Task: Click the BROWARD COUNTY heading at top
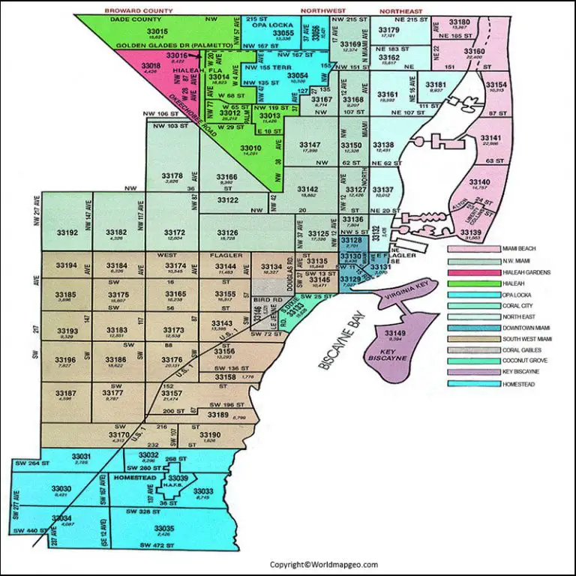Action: click(139, 12)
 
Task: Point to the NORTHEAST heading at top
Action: click(400, 12)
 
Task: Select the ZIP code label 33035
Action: click(163, 529)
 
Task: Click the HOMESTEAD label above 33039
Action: click(133, 477)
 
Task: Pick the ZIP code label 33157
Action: click(172, 393)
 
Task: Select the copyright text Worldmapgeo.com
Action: click(324, 564)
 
